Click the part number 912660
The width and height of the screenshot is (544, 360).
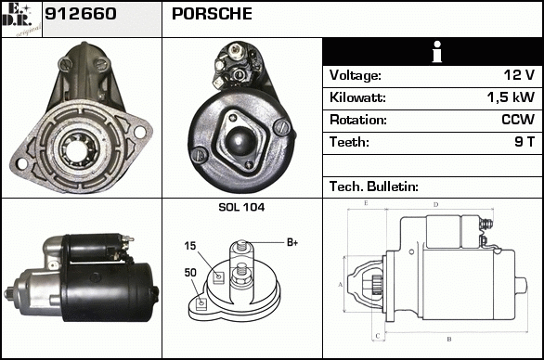pyautogui.click(x=81, y=14)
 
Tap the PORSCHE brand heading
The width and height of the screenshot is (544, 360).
pyautogui.click(x=212, y=14)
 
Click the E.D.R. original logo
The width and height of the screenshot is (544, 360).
pyautogui.click(x=21, y=19)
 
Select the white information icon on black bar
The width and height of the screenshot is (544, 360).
pyautogui.click(x=437, y=52)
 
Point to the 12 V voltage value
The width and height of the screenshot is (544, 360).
pyautogui.click(x=519, y=75)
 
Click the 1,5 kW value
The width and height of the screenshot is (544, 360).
pyautogui.click(x=511, y=97)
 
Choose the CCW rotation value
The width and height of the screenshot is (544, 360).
pyautogui.click(x=518, y=120)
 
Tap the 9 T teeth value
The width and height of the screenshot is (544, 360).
pyautogui.click(x=525, y=142)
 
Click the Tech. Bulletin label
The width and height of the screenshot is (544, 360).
pyautogui.click(x=374, y=186)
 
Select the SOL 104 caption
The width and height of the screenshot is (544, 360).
pyautogui.click(x=241, y=207)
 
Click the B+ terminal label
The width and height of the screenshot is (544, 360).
pyautogui.click(x=292, y=242)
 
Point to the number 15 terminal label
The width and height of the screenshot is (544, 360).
pyautogui.click(x=190, y=246)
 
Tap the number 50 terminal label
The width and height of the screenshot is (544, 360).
pyautogui.click(x=190, y=273)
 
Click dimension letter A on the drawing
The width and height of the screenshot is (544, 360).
pyautogui.click(x=341, y=285)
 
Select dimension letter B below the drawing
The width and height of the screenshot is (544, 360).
pyautogui.click(x=449, y=340)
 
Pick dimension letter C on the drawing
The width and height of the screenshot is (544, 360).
pyautogui.click(x=378, y=336)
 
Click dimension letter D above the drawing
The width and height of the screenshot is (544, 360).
pyautogui.click(x=436, y=205)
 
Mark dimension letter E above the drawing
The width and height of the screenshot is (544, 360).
pyautogui.click(x=366, y=203)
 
